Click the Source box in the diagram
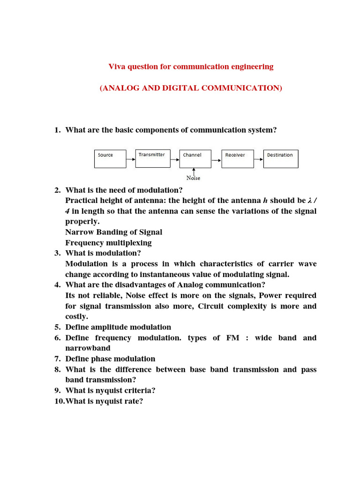coord(110,159)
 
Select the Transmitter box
coord(152,158)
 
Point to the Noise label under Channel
coord(193,178)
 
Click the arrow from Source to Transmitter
coord(131,159)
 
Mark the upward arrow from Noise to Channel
coord(194,172)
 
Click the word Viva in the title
coord(117,67)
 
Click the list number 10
coord(59,401)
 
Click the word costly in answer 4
coord(76,317)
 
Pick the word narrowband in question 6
coord(88,348)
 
